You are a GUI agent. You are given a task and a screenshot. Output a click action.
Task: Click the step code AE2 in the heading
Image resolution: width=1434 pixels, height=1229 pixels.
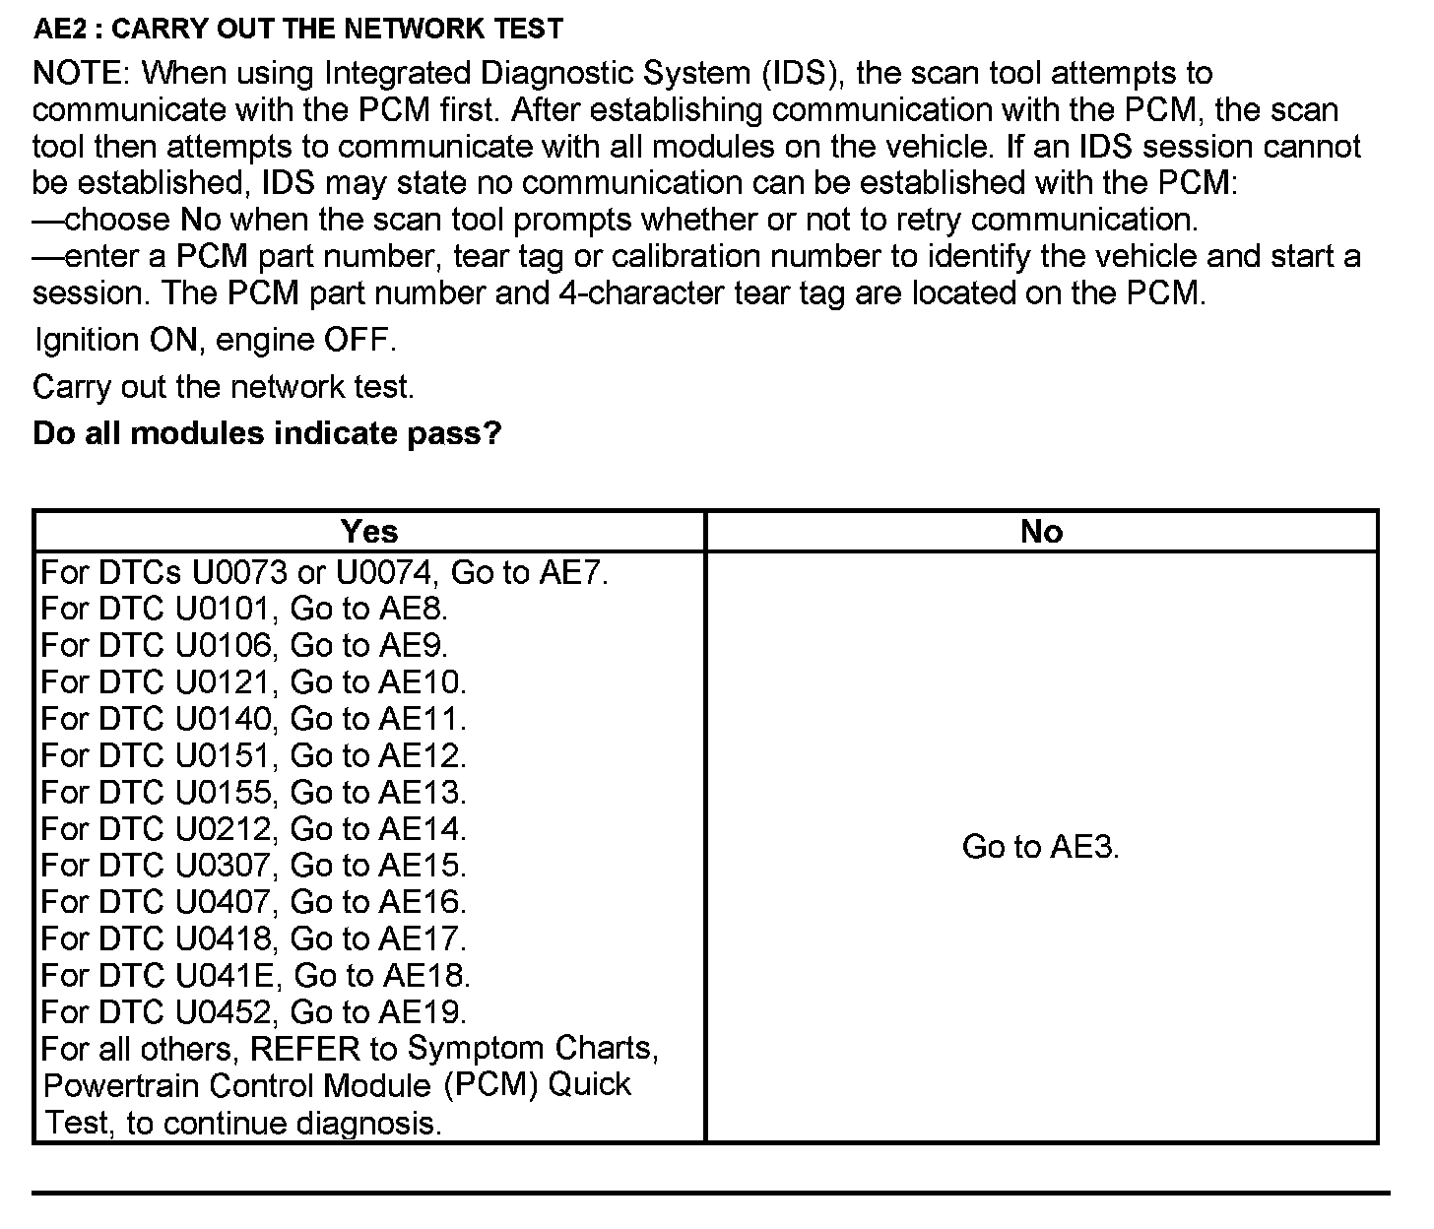click(x=64, y=29)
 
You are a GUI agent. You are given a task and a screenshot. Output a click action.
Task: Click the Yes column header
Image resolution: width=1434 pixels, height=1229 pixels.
click(x=369, y=532)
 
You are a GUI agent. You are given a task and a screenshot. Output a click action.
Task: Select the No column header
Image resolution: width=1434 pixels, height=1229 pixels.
click(x=1041, y=532)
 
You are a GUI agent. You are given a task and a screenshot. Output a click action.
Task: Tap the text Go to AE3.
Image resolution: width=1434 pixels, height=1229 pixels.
click(x=1040, y=847)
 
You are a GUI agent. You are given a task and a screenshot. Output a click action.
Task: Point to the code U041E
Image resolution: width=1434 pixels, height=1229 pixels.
click(x=231, y=976)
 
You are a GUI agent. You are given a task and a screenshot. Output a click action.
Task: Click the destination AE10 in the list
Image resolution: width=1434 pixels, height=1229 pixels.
click(x=423, y=682)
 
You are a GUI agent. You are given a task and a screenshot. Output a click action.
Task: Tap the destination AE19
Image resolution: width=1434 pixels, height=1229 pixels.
click(x=423, y=1012)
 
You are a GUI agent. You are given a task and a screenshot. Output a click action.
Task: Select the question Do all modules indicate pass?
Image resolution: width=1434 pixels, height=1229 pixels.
click(x=267, y=433)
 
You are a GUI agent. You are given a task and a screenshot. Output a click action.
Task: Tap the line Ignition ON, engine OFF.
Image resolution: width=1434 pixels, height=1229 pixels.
click(x=215, y=341)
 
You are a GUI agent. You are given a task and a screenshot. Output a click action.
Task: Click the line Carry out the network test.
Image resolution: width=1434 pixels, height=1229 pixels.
click(x=224, y=387)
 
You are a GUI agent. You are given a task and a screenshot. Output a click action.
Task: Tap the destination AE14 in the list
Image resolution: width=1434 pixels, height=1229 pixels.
click(x=423, y=829)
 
